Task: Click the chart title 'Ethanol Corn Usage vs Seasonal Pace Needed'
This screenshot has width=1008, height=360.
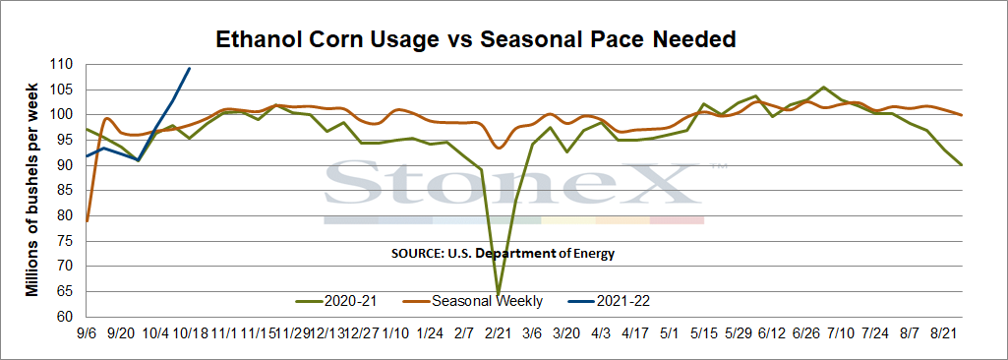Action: coord(475,39)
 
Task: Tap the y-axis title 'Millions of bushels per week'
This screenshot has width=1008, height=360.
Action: coord(31,190)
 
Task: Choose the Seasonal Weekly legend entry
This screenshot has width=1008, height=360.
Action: coord(472,300)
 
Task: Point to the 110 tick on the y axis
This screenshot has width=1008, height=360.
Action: coord(66,64)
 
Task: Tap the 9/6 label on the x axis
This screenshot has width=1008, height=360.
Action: coord(87,334)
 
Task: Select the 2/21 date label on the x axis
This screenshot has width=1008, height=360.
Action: coord(498,334)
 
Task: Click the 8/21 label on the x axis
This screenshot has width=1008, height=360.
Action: coord(944,334)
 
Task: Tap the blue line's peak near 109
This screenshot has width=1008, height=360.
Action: coord(189,68)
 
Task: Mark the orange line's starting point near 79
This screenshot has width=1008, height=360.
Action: coord(87,221)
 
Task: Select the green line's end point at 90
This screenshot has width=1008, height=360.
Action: coord(961,165)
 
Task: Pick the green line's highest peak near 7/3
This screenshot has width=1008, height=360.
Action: coord(823,87)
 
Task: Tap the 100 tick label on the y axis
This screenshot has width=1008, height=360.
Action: coord(66,115)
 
